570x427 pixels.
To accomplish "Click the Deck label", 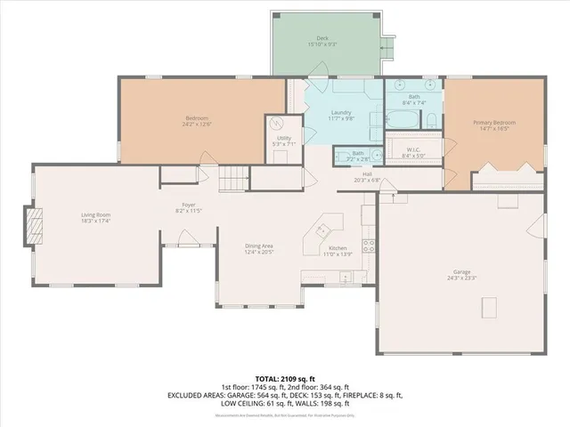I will (322, 38).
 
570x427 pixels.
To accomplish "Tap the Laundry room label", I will (341, 112).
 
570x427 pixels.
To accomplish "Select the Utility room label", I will (284, 139).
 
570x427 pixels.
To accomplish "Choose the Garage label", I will (461, 272).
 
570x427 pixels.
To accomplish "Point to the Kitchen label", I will (338, 248).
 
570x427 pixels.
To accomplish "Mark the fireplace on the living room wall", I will (33, 225).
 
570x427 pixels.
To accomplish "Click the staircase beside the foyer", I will (234, 178).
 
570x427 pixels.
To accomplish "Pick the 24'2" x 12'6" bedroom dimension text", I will (197, 124).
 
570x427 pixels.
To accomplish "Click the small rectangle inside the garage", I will (488, 308).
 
